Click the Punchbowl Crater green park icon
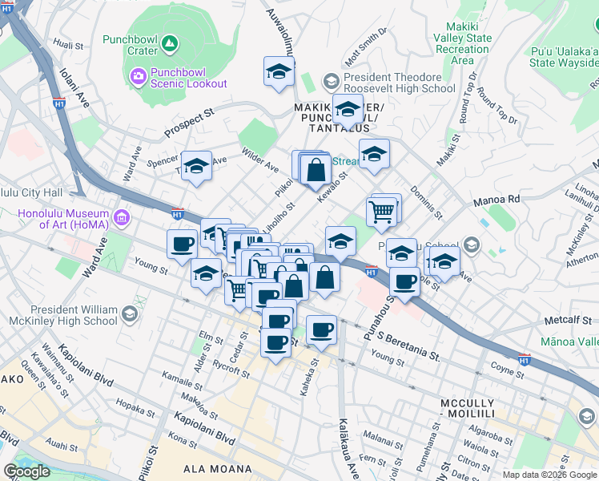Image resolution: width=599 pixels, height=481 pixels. (x=169, y=42)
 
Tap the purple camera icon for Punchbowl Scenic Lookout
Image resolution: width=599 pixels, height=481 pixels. (x=137, y=76)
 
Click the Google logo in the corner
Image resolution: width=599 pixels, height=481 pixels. (x=26, y=471)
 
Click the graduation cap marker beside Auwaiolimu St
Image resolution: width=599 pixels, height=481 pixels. (x=278, y=72)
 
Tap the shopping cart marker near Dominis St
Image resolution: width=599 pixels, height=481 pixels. (x=383, y=212)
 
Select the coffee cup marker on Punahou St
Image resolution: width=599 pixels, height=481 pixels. (x=405, y=282)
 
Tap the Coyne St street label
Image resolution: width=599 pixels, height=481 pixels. (x=506, y=370)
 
